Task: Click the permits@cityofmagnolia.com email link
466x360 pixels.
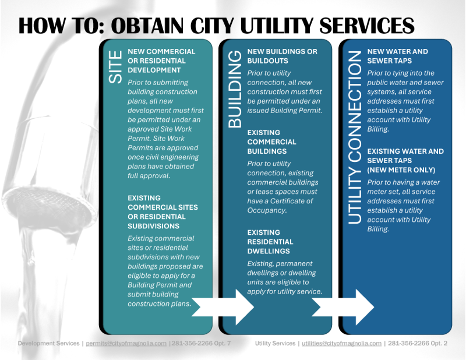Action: (x=126, y=343)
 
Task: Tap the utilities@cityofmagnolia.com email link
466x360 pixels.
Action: (x=341, y=343)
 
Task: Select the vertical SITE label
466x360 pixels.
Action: (x=115, y=67)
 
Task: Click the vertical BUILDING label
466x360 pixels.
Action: (x=235, y=89)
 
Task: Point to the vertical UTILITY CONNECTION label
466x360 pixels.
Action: (x=355, y=137)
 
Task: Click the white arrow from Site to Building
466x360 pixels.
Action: (x=223, y=307)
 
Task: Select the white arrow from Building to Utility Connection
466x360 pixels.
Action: (x=343, y=307)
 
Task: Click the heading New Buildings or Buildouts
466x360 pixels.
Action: (x=283, y=56)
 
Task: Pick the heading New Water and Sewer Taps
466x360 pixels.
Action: (x=398, y=56)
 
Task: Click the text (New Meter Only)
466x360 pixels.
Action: (x=401, y=170)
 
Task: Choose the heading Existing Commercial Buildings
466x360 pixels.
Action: (x=271, y=142)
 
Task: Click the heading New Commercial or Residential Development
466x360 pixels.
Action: (x=161, y=61)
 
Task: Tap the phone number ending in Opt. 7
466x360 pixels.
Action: (x=201, y=343)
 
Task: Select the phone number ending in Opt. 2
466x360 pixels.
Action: (x=418, y=343)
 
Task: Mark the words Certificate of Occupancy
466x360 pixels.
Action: (x=280, y=206)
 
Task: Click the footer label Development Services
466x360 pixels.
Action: (x=48, y=343)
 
